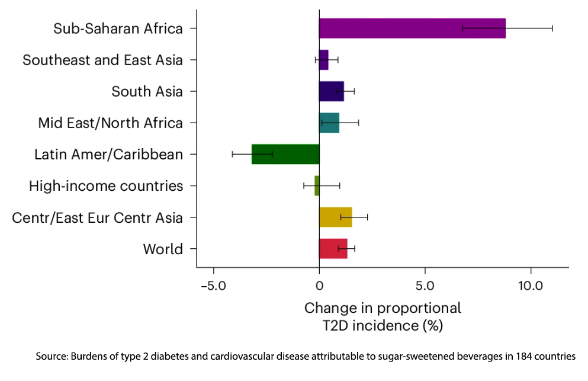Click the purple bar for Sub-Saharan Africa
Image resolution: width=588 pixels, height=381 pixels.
click(x=412, y=28)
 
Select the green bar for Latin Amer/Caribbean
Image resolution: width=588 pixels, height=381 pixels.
click(x=285, y=154)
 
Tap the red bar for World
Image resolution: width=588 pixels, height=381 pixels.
click(x=333, y=249)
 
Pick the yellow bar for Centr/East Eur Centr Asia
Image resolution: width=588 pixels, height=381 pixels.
click(x=335, y=217)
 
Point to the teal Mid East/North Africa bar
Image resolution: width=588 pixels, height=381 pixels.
click(x=329, y=123)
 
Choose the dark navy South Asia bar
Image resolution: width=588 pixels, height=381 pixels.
click(x=331, y=91)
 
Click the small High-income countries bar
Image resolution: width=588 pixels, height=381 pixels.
click(x=317, y=185)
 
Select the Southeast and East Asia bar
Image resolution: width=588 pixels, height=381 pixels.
click(x=323, y=60)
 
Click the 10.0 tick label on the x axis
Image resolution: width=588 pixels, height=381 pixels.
click(x=531, y=286)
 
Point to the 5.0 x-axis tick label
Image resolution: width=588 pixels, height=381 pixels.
click(x=425, y=286)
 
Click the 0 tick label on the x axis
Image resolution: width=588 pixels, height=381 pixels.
click(x=319, y=286)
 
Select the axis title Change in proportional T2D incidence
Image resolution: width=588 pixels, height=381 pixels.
click(x=382, y=316)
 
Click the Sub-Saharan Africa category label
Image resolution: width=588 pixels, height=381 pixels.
click(x=118, y=28)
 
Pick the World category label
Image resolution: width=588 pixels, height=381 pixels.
click(x=163, y=249)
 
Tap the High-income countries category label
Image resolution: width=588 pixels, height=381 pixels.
click(x=106, y=186)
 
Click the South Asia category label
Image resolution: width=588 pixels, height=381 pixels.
click(x=147, y=91)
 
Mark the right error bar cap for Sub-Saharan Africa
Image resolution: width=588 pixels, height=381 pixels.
click(x=552, y=28)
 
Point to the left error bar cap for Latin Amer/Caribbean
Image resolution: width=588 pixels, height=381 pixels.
click(x=232, y=154)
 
